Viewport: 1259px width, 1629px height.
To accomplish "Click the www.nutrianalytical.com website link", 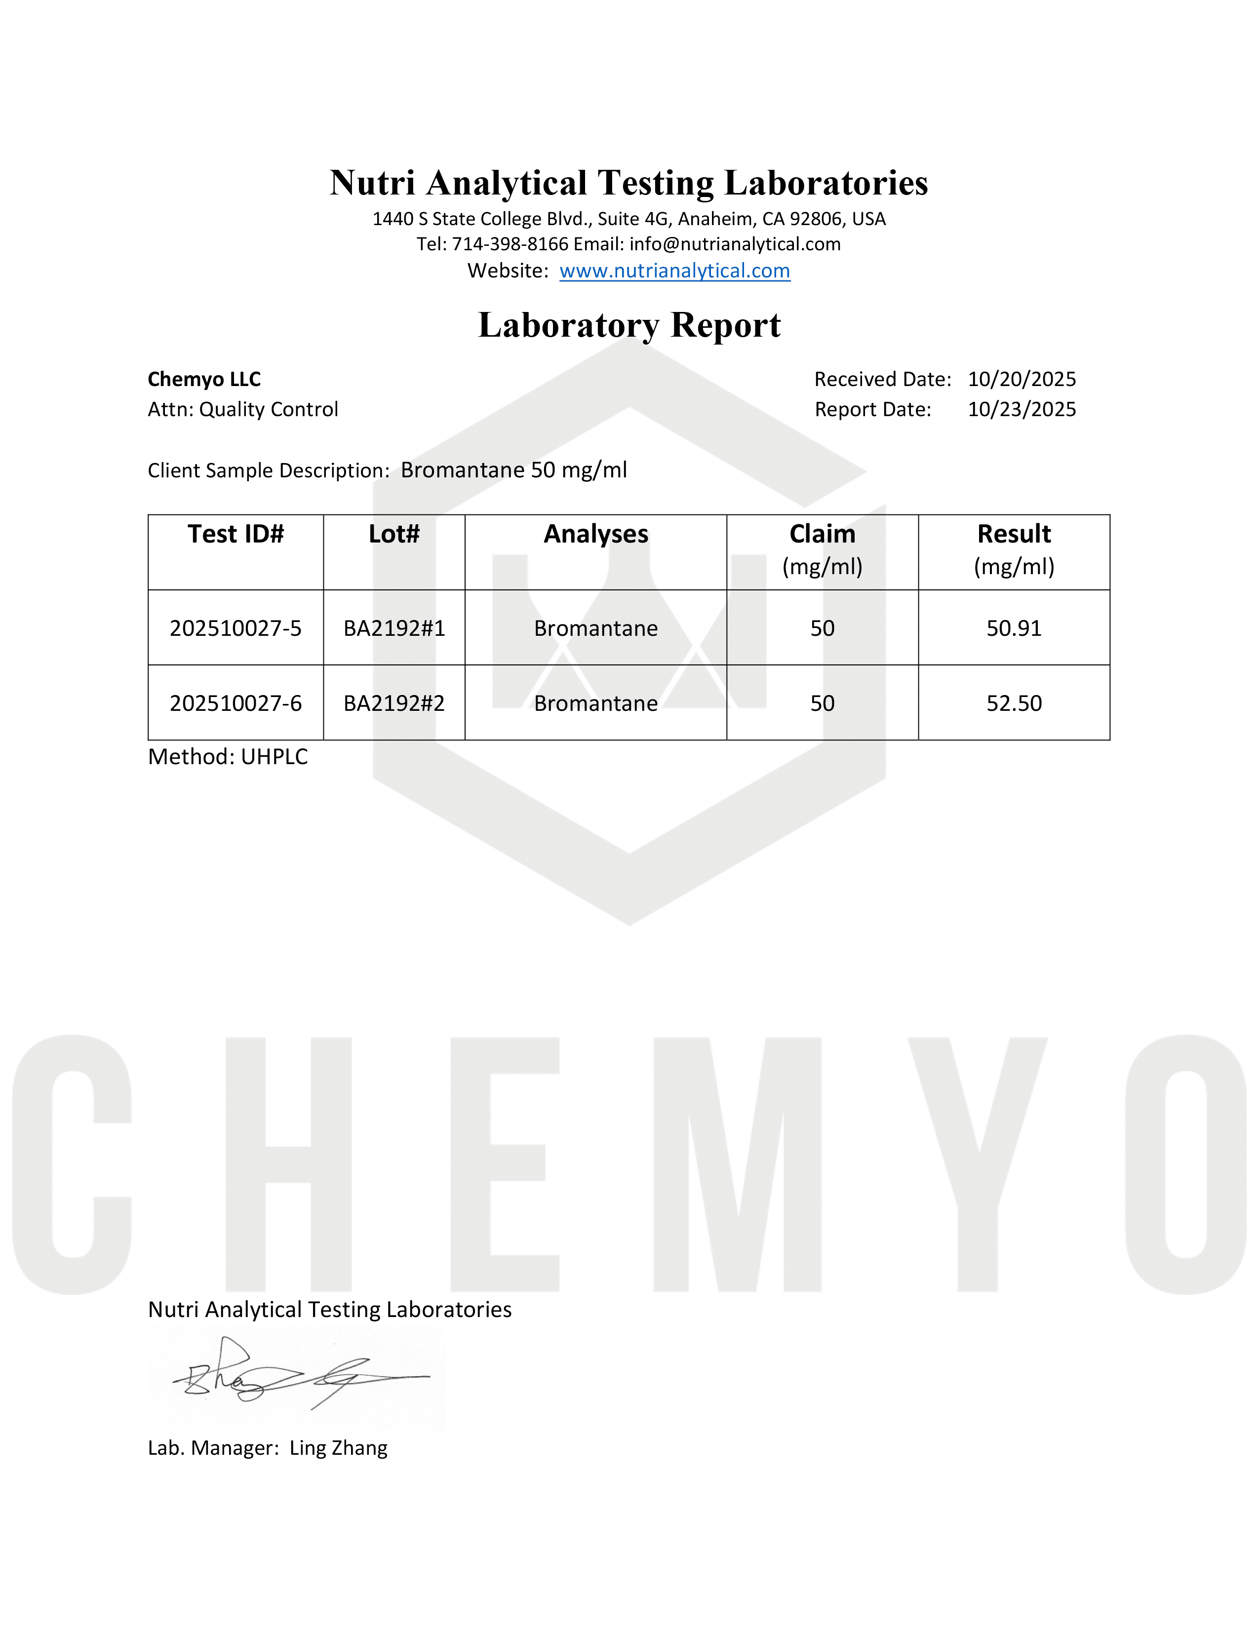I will pos(674,271).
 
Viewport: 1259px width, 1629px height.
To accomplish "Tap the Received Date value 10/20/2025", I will pos(1022,380).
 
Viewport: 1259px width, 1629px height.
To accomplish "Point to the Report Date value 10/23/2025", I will pos(1022,410).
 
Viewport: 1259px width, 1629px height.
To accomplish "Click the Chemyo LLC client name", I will pos(204,380).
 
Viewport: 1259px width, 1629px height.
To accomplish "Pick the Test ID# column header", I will pos(236,534).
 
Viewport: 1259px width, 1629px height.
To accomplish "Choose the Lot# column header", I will pos(394,534).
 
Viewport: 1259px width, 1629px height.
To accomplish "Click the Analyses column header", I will pos(595,534).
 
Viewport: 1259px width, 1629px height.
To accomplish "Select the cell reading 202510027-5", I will pos(236,628).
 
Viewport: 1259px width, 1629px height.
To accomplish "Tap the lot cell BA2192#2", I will pos(394,703).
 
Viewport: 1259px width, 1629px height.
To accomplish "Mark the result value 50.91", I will pos(1014,628).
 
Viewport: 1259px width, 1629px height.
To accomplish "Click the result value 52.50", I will pos(1014,703).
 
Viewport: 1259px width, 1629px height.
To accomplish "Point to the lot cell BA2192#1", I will pos(394,628).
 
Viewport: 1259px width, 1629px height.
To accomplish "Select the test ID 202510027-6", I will pos(236,703).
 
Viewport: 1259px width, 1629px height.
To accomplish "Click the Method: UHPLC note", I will pos(228,757).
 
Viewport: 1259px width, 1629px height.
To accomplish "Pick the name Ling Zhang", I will pos(339,1448).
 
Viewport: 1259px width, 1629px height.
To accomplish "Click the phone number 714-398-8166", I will pos(510,245).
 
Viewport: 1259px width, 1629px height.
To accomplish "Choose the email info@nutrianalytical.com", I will pos(735,245).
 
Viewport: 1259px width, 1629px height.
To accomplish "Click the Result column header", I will pos(1014,534).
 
